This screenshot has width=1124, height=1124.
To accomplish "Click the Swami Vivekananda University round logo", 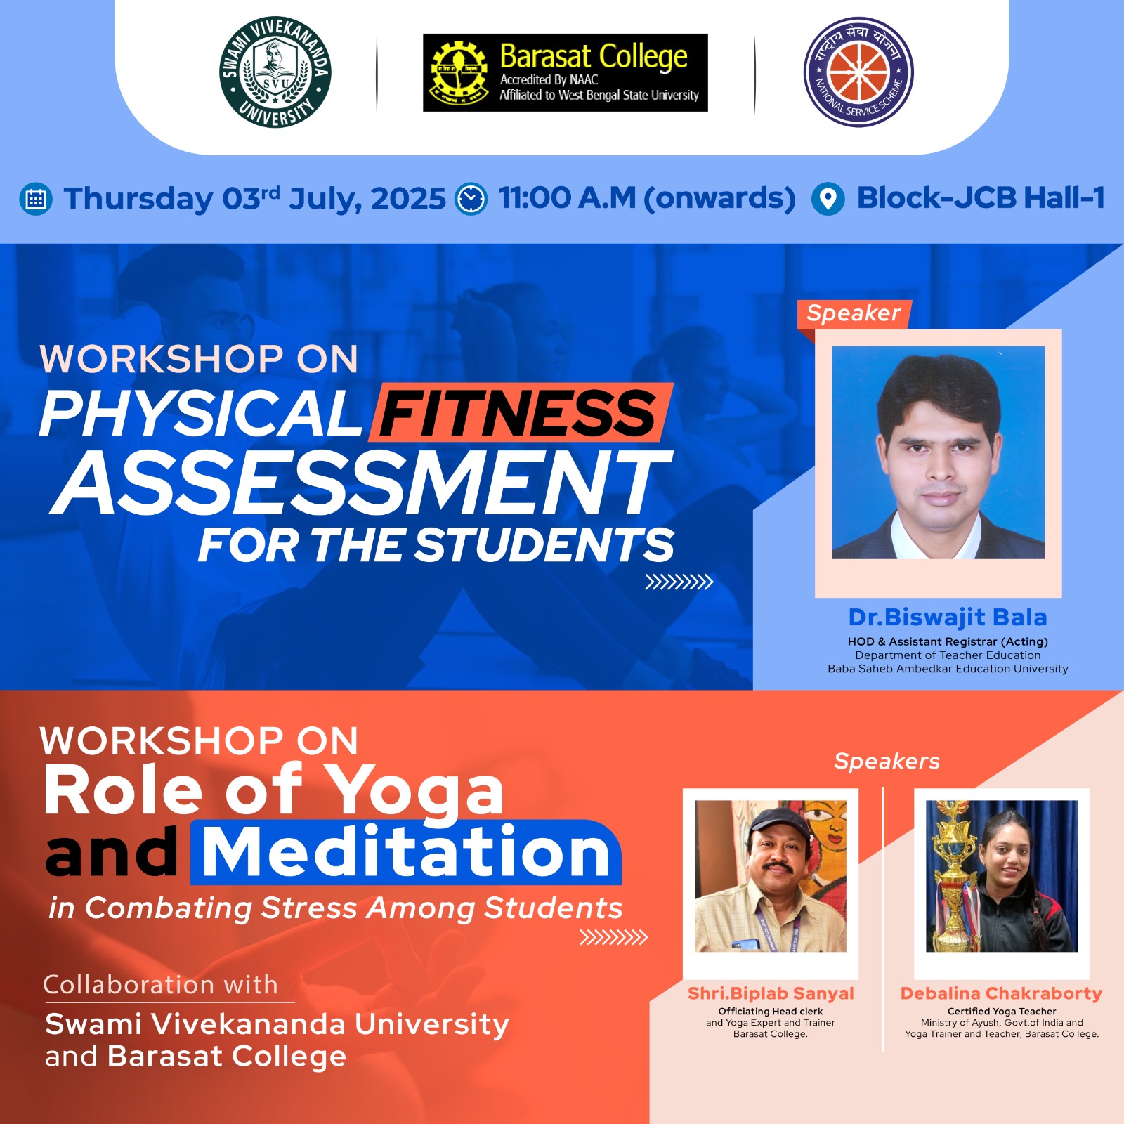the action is pos(275,72).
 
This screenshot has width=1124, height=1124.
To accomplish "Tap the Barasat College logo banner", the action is pos(565,72).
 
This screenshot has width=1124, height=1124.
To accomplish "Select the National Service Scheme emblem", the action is pos(858,72).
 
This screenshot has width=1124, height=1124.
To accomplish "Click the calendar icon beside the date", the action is pos(35,200).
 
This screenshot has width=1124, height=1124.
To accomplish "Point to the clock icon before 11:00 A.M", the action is pos(471,200).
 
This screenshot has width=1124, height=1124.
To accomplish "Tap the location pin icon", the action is pos(828,200).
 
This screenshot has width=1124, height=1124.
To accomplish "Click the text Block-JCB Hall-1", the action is pos(981,198).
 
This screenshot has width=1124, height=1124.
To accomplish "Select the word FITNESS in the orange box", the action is pos(518,413).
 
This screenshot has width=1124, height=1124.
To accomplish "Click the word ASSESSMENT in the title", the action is pos(362,483).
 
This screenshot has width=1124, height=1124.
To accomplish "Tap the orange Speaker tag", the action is pos(854,313).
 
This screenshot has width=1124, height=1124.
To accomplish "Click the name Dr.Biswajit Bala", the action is pos(948,617).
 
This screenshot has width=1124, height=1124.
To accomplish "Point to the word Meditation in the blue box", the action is pos(406,852).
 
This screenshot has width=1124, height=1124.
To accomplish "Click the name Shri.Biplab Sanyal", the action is pos(771,993).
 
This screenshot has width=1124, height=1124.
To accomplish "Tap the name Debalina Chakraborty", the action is pos(1001,993).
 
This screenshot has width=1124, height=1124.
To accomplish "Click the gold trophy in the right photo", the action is pos(952,878).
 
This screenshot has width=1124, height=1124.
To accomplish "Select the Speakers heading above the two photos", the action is pos(887,762).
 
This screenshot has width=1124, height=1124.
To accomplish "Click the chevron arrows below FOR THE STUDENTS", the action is pos(679,582).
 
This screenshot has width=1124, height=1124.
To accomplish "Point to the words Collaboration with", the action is pos(160,985).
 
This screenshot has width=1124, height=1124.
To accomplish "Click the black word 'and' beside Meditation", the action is pos(112,852).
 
